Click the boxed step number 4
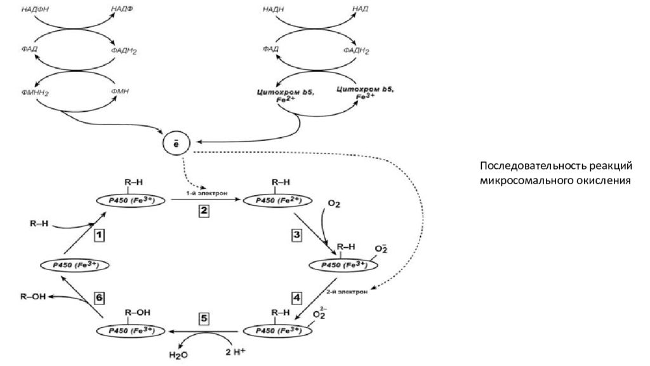tap(296, 297)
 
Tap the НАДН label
tap(273, 8)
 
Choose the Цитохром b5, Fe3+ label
tap(364, 94)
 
